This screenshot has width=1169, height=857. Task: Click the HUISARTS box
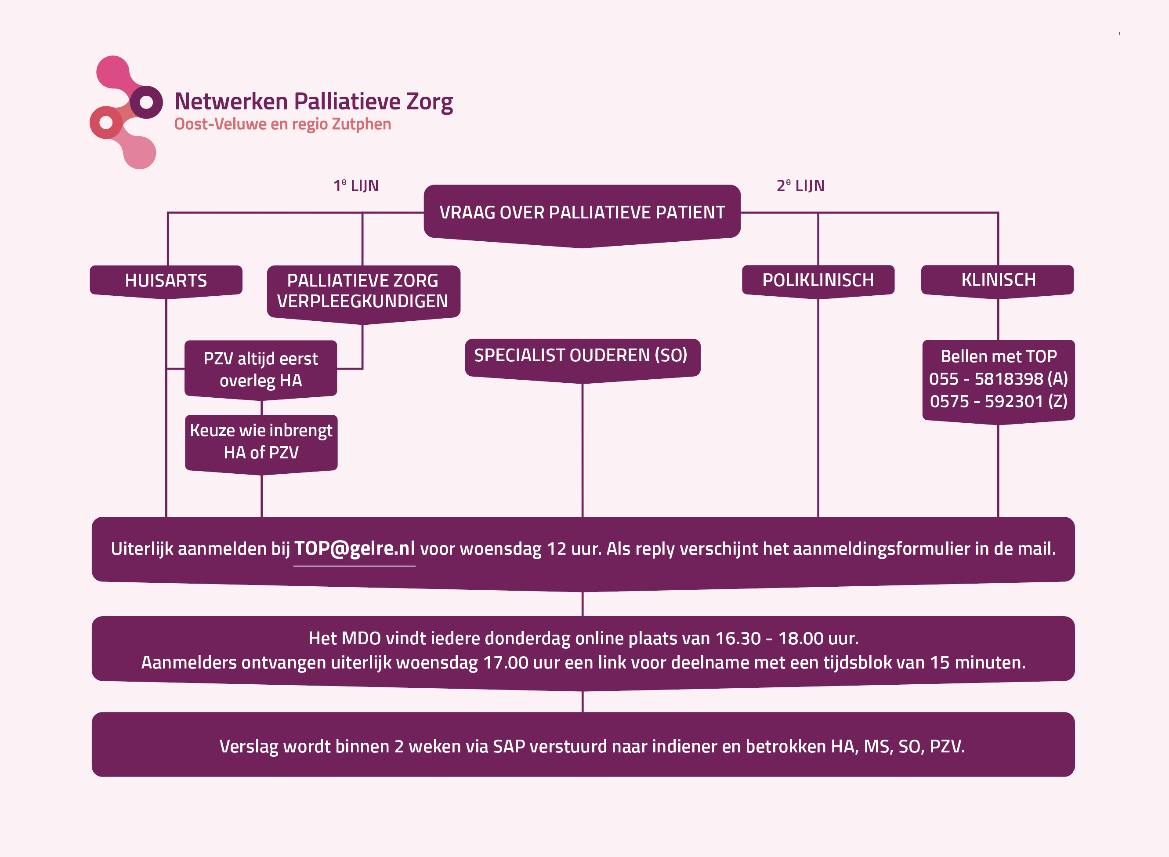(166, 281)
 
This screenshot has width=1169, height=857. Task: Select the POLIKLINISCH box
(818, 280)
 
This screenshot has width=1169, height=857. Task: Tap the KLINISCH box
(998, 280)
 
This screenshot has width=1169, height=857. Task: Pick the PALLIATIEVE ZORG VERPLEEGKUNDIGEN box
(363, 291)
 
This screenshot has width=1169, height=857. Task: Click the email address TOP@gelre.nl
(355, 548)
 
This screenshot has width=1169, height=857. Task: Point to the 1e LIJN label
(356, 186)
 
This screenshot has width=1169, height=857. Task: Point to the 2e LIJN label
(800, 186)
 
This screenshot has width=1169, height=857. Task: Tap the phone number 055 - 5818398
(985, 379)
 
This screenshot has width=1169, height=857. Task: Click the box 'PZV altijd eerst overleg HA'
(261, 369)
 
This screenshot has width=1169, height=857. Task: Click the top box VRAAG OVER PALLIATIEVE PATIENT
(582, 213)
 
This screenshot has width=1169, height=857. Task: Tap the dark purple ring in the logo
(146, 102)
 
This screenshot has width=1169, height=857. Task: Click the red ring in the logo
(106, 123)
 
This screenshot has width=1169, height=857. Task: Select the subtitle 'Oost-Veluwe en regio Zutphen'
(282, 124)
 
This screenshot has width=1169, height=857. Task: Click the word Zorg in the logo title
(430, 102)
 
